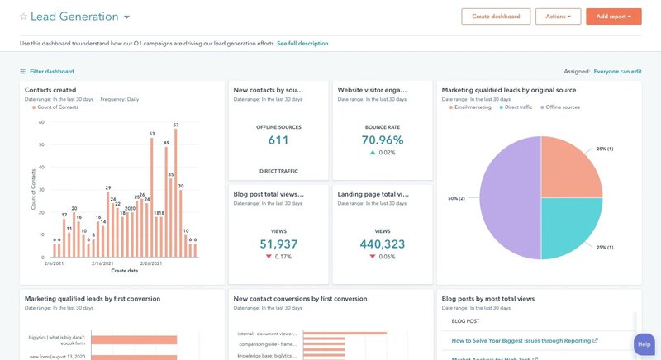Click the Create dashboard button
click(x=496, y=17)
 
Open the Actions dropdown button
click(x=558, y=17)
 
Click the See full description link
click(x=302, y=44)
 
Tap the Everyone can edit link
click(x=617, y=72)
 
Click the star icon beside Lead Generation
click(x=23, y=17)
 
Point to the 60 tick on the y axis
click(x=41, y=122)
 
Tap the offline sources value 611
click(x=278, y=140)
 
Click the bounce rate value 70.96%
click(x=383, y=140)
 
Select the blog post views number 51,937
click(x=278, y=244)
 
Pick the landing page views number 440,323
click(x=383, y=244)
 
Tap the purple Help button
click(x=644, y=343)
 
